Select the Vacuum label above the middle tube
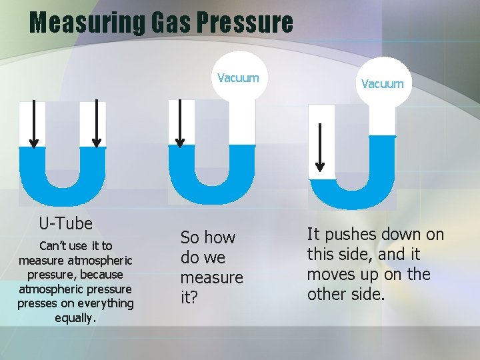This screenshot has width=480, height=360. [x=238, y=78]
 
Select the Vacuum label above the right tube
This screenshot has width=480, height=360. [x=382, y=83]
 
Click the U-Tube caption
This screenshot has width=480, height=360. [x=65, y=223]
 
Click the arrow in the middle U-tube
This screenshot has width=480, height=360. [x=179, y=123]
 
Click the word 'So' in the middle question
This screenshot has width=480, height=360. [x=190, y=237]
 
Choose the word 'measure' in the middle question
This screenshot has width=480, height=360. [x=211, y=277]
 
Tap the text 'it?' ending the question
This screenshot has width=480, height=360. [x=189, y=297]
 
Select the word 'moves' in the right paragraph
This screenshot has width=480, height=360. [x=331, y=274]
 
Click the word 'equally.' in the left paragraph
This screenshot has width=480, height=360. [x=76, y=318]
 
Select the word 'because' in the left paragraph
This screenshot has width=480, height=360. [x=100, y=274]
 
